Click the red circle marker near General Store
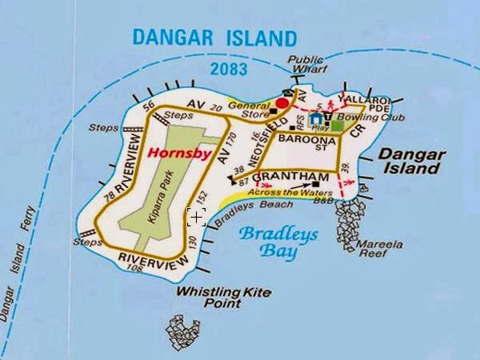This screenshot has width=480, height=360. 282,103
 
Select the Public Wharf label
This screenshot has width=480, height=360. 306,64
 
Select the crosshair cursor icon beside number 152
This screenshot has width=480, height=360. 197,217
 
